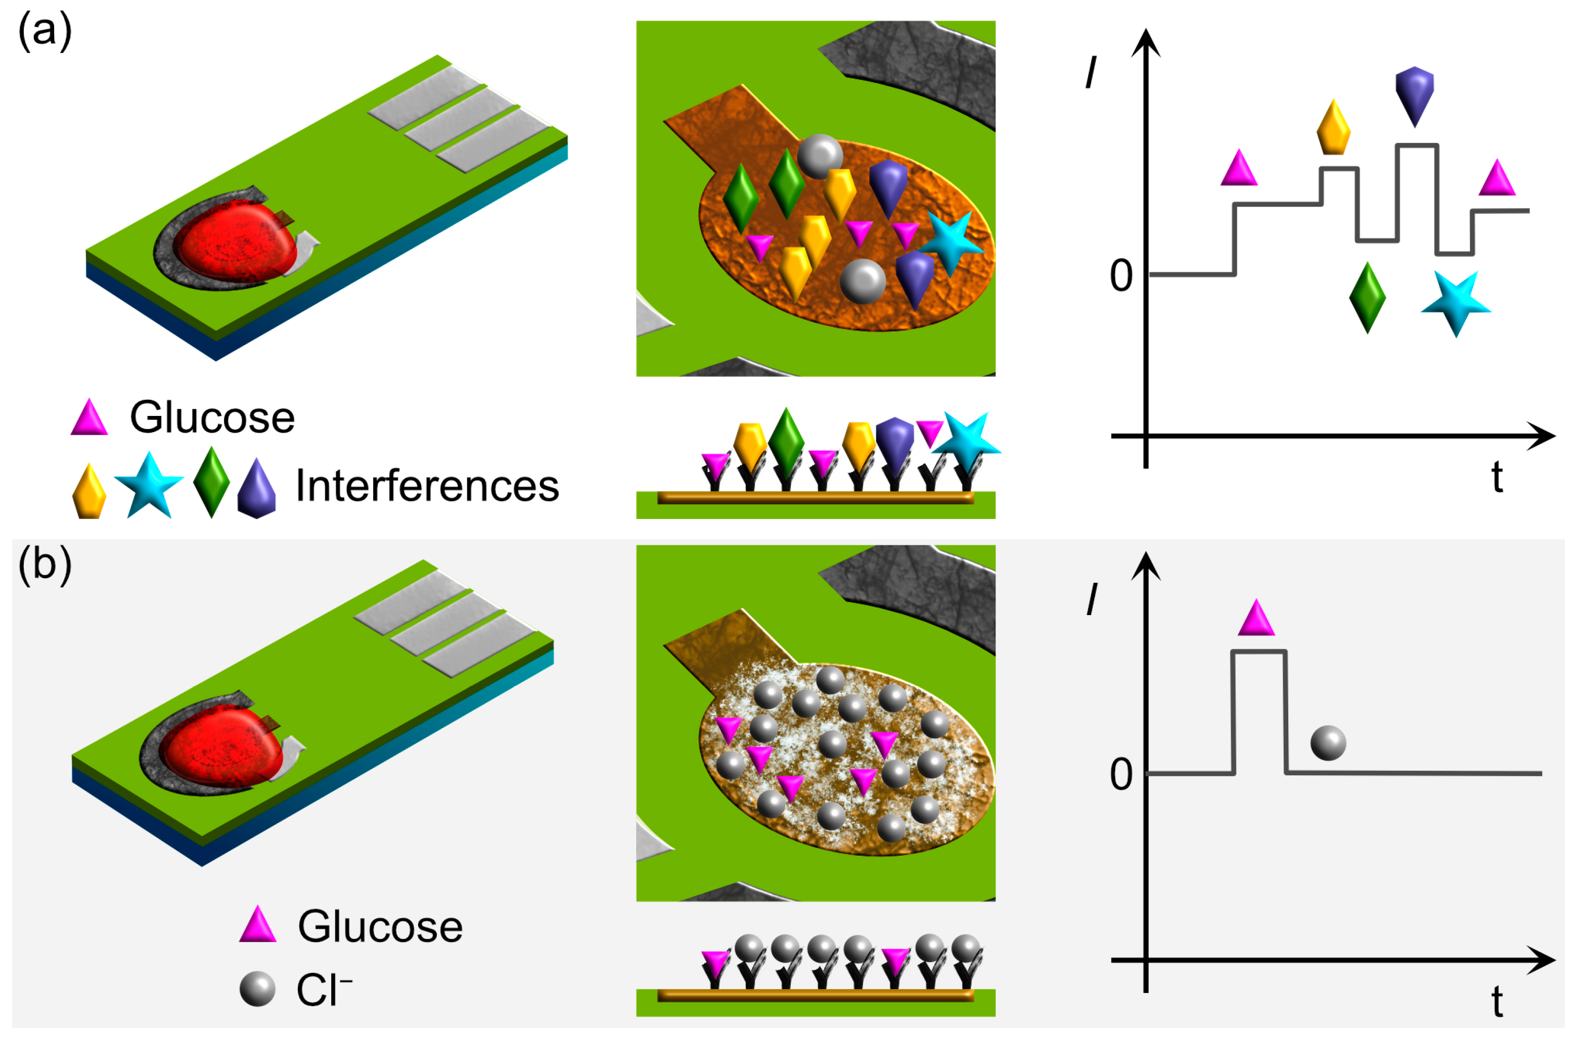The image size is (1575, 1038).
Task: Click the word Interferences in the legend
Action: click(427, 486)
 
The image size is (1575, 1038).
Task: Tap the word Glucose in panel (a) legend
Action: click(212, 418)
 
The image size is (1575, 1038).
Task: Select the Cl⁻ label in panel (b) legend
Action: click(323, 990)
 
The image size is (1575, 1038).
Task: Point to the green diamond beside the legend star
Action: click(211, 482)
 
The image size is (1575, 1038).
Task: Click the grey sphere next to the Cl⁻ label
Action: click(257, 989)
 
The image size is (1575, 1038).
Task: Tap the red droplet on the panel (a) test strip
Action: click(235, 242)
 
